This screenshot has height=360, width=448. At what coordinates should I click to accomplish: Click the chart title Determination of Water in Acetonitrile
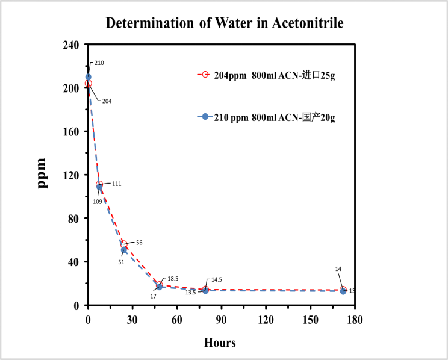tap(225, 23)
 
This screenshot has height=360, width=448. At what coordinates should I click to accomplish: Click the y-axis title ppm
tap(42, 173)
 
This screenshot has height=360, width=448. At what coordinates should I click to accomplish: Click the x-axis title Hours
tap(220, 343)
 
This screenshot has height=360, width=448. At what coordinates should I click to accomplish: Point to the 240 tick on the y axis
tap(73, 45)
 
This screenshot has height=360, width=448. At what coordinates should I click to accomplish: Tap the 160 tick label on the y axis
tap(73, 131)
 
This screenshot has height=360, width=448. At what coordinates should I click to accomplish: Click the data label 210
tap(99, 63)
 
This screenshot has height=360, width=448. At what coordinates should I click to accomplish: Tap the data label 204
tap(107, 101)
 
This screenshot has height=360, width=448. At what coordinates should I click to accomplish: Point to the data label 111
tap(116, 184)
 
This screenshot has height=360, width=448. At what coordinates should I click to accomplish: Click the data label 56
tap(139, 243)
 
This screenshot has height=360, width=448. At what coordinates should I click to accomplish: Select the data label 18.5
tap(173, 279)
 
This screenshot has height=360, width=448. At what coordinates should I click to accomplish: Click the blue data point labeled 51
tap(124, 250)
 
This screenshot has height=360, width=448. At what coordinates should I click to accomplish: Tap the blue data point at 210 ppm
tap(89, 77)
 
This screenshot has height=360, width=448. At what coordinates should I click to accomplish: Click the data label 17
tap(153, 296)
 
